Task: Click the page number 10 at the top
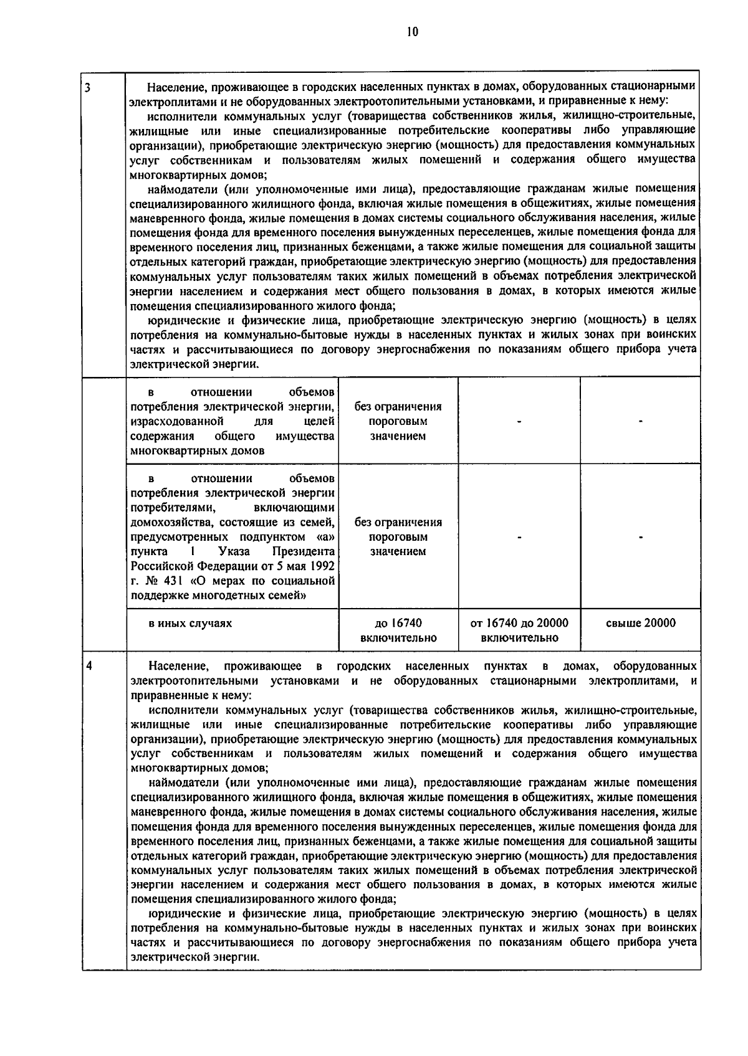pos(411,32)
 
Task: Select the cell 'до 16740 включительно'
pos(398,630)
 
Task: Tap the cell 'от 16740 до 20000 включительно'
pos(519,630)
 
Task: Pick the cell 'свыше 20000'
pos(640,623)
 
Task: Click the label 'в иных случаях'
pos(189,623)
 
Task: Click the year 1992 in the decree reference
pos(322,566)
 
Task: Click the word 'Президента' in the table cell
pos(304,552)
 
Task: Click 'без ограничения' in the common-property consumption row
pos(398,407)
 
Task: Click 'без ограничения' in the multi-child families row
pos(398,522)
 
